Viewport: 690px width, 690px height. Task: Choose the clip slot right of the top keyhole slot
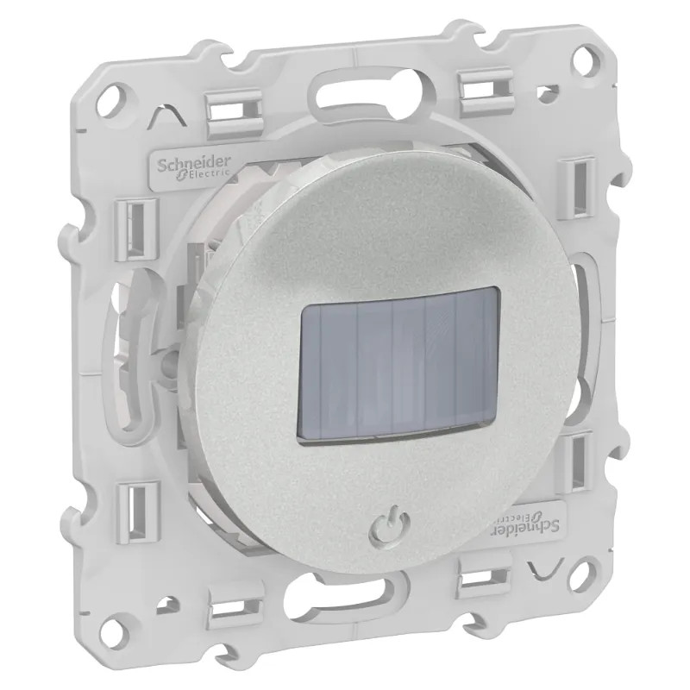click(x=487, y=91)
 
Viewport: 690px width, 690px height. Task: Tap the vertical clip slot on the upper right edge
click(x=583, y=185)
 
